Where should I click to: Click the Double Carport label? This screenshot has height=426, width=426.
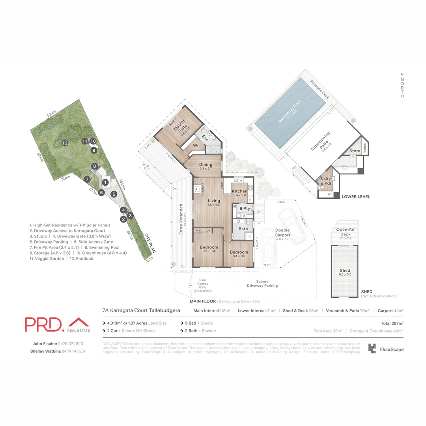(282, 233)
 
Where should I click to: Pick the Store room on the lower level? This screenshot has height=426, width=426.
(355, 151)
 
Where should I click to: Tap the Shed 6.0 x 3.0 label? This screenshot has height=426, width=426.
(344, 272)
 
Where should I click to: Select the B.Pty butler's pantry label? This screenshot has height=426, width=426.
(245, 208)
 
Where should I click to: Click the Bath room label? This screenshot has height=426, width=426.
(243, 229)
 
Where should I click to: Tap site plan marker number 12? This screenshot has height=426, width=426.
(65, 143)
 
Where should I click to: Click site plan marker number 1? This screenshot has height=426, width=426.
(105, 182)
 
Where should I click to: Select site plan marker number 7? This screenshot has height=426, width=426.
(87, 179)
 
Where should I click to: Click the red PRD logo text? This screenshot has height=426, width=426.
(44, 324)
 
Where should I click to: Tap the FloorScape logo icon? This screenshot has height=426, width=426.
(372, 348)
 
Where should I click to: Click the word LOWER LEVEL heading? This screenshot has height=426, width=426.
(356, 196)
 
